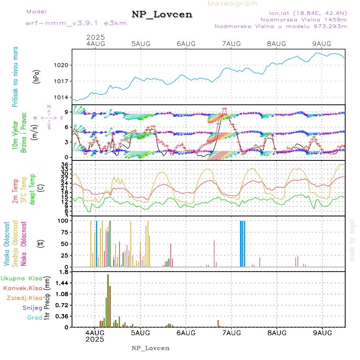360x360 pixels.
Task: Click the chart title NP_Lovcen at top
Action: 162,15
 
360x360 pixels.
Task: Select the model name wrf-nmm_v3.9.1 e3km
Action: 76,23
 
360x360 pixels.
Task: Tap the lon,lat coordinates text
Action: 303,12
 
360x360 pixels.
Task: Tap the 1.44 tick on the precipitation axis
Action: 63,283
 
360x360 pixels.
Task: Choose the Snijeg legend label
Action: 32,308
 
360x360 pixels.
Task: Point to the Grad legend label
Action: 35,318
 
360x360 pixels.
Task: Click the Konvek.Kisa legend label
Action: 22,288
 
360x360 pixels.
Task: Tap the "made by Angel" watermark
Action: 352,240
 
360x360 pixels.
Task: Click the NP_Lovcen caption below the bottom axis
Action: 150,348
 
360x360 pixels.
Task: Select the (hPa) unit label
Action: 36,76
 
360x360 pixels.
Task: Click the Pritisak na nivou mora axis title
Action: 16,76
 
